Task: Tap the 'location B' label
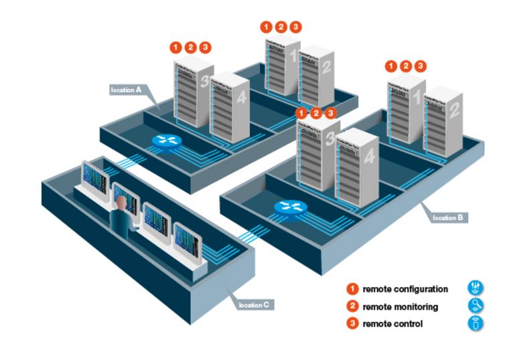(x=446, y=217)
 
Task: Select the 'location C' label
(x=254, y=305)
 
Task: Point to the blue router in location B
(x=290, y=207)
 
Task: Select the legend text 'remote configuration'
(x=405, y=289)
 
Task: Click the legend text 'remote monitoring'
(x=401, y=306)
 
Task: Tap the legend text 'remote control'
(x=393, y=324)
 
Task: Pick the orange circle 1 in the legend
(x=352, y=289)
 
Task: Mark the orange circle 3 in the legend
(x=352, y=324)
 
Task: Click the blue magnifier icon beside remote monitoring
(x=475, y=306)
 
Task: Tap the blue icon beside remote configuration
(x=475, y=288)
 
